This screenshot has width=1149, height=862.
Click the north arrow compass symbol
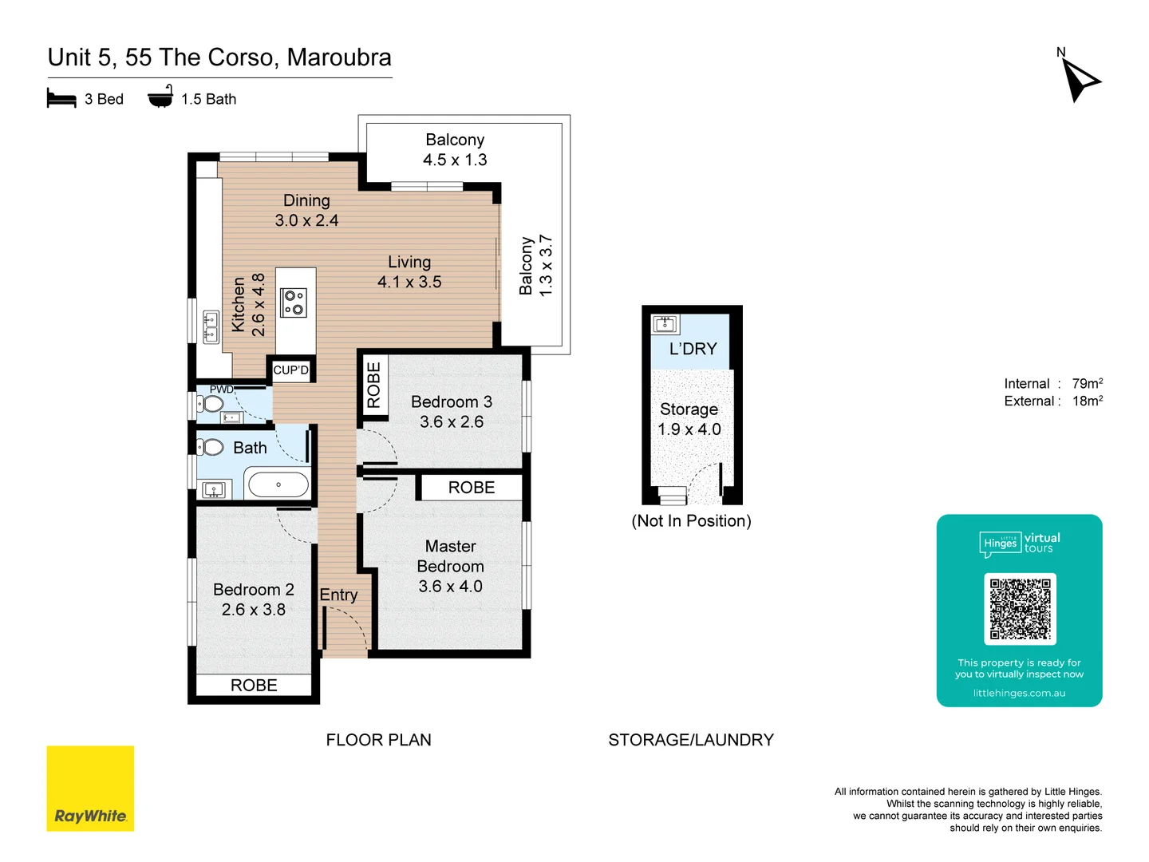pos(1080,81)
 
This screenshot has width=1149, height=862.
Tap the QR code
pos(1020,608)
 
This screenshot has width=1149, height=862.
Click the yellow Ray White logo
pos(90,789)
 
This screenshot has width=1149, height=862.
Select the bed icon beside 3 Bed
pos(61,99)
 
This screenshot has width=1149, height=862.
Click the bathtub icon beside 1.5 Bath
pos(160,97)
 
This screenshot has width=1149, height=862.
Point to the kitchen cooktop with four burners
pos(294,302)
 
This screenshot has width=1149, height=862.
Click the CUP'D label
pos(290,370)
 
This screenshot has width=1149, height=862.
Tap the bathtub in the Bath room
pos(278,484)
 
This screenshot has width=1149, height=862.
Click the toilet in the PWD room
pos(212,404)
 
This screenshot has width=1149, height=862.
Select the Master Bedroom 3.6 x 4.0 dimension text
pos(450,587)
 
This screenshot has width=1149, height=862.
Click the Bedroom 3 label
pos(451,402)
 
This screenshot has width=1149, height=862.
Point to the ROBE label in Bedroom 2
pos(254,686)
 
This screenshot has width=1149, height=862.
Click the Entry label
pos(338,595)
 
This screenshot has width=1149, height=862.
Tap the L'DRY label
pos(693,349)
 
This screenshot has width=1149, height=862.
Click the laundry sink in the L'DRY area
pos(665,324)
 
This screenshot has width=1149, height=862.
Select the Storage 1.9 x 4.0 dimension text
pos(689,429)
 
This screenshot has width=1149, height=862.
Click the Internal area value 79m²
pos(1087,384)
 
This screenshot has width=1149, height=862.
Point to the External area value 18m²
pos(1087,401)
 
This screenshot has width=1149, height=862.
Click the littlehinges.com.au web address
pos(1019,694)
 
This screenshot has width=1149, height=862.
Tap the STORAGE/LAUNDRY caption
pos(691,740)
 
